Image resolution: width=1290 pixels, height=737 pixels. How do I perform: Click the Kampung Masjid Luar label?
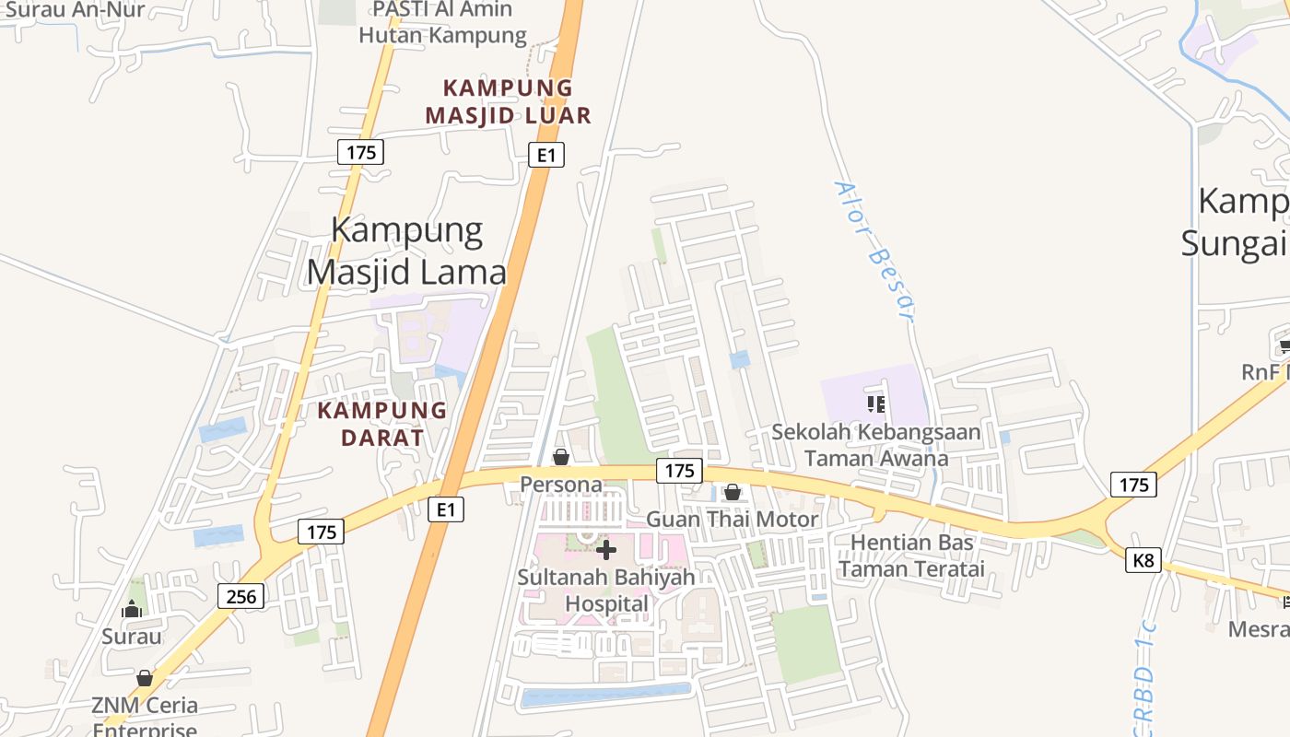tap(508, 101)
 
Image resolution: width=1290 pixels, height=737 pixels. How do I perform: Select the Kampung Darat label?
tap(382, 424)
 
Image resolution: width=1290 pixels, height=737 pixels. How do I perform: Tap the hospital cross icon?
tap(606, 550)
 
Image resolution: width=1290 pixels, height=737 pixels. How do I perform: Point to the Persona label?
tap(561, 485)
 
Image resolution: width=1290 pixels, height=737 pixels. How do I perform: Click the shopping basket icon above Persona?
tap(560, 457)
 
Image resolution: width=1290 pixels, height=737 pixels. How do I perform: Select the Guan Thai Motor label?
tap(733, 519)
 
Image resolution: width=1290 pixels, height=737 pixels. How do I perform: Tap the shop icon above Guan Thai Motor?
tap(733, 492)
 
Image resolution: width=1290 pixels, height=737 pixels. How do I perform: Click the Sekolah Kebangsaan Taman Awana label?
tap(876, 445)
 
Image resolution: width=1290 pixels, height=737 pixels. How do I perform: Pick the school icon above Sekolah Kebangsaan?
tap(876, 404)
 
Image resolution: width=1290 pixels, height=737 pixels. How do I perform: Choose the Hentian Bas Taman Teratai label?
tap(911, 556)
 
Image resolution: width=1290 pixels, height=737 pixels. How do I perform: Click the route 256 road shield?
tap(241, 596)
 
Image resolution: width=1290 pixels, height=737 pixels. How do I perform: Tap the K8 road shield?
tap(1143, 559)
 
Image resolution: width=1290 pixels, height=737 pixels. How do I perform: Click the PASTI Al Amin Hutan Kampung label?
tap(442, 22)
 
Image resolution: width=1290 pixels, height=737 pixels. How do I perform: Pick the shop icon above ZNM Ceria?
tap(145, 678)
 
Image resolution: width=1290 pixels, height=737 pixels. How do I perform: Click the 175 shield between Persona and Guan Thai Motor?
tap(679, 471)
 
